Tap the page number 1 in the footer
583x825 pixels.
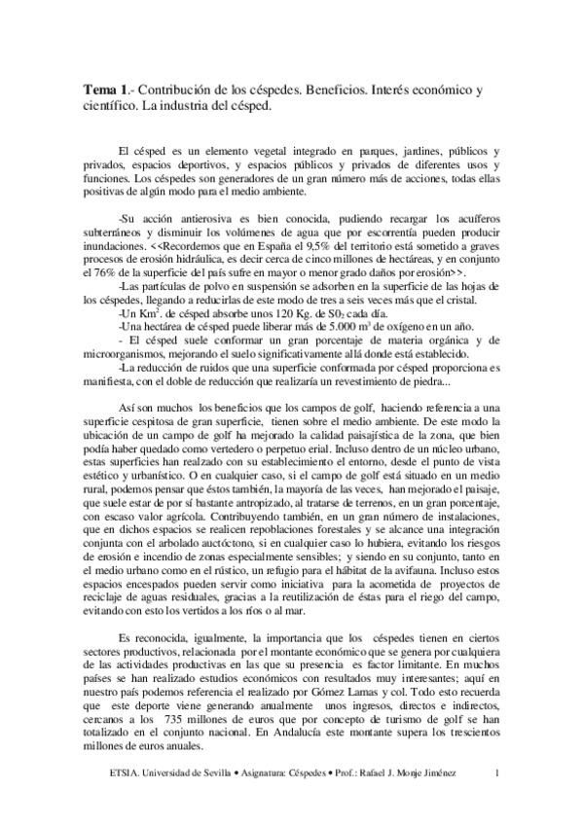(x=497, y=773)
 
